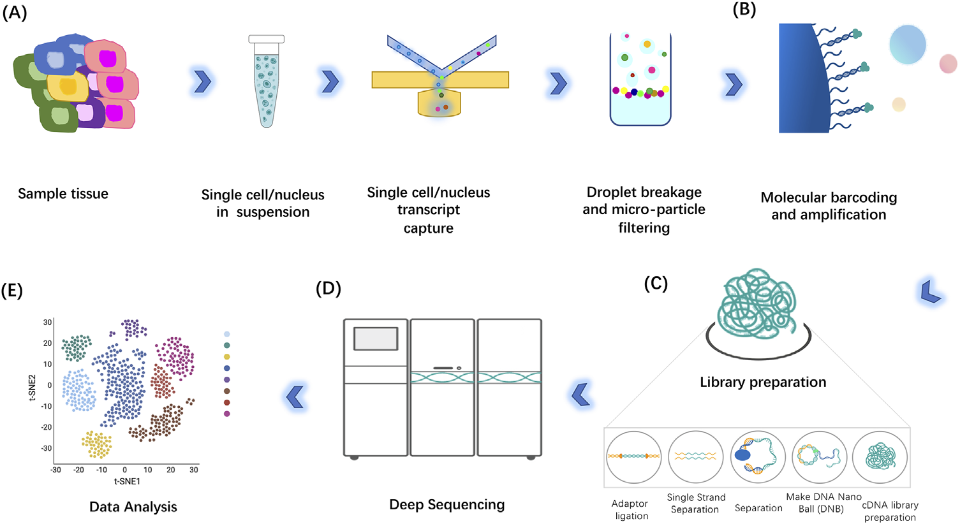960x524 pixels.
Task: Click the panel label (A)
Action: (15, 12)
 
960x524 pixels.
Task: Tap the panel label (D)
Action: (329, 288)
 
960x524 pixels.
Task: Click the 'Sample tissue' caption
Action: (63, 194)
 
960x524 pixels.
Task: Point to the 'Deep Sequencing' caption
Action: (447, 505)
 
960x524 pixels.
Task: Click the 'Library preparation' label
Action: (763, 382)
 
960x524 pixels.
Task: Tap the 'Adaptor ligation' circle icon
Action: (633, 457)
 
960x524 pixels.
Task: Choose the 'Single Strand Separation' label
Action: (696, 503)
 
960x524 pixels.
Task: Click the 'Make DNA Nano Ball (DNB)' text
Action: (823, 502)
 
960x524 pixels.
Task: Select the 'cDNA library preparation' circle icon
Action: (880, 457)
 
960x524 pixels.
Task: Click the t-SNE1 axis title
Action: (127, 481)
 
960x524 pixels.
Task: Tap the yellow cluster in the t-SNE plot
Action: (96, 444)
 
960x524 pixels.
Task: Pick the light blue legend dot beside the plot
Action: (227, 334)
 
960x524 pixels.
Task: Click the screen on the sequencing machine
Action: (376, 338)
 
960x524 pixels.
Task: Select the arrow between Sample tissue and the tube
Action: (202, 82)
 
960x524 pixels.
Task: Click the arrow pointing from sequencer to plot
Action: (295, 397)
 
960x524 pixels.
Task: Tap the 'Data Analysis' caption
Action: (133, 507)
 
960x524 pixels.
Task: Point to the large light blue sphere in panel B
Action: (907, 45)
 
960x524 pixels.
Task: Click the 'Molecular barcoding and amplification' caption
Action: (829, 206)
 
